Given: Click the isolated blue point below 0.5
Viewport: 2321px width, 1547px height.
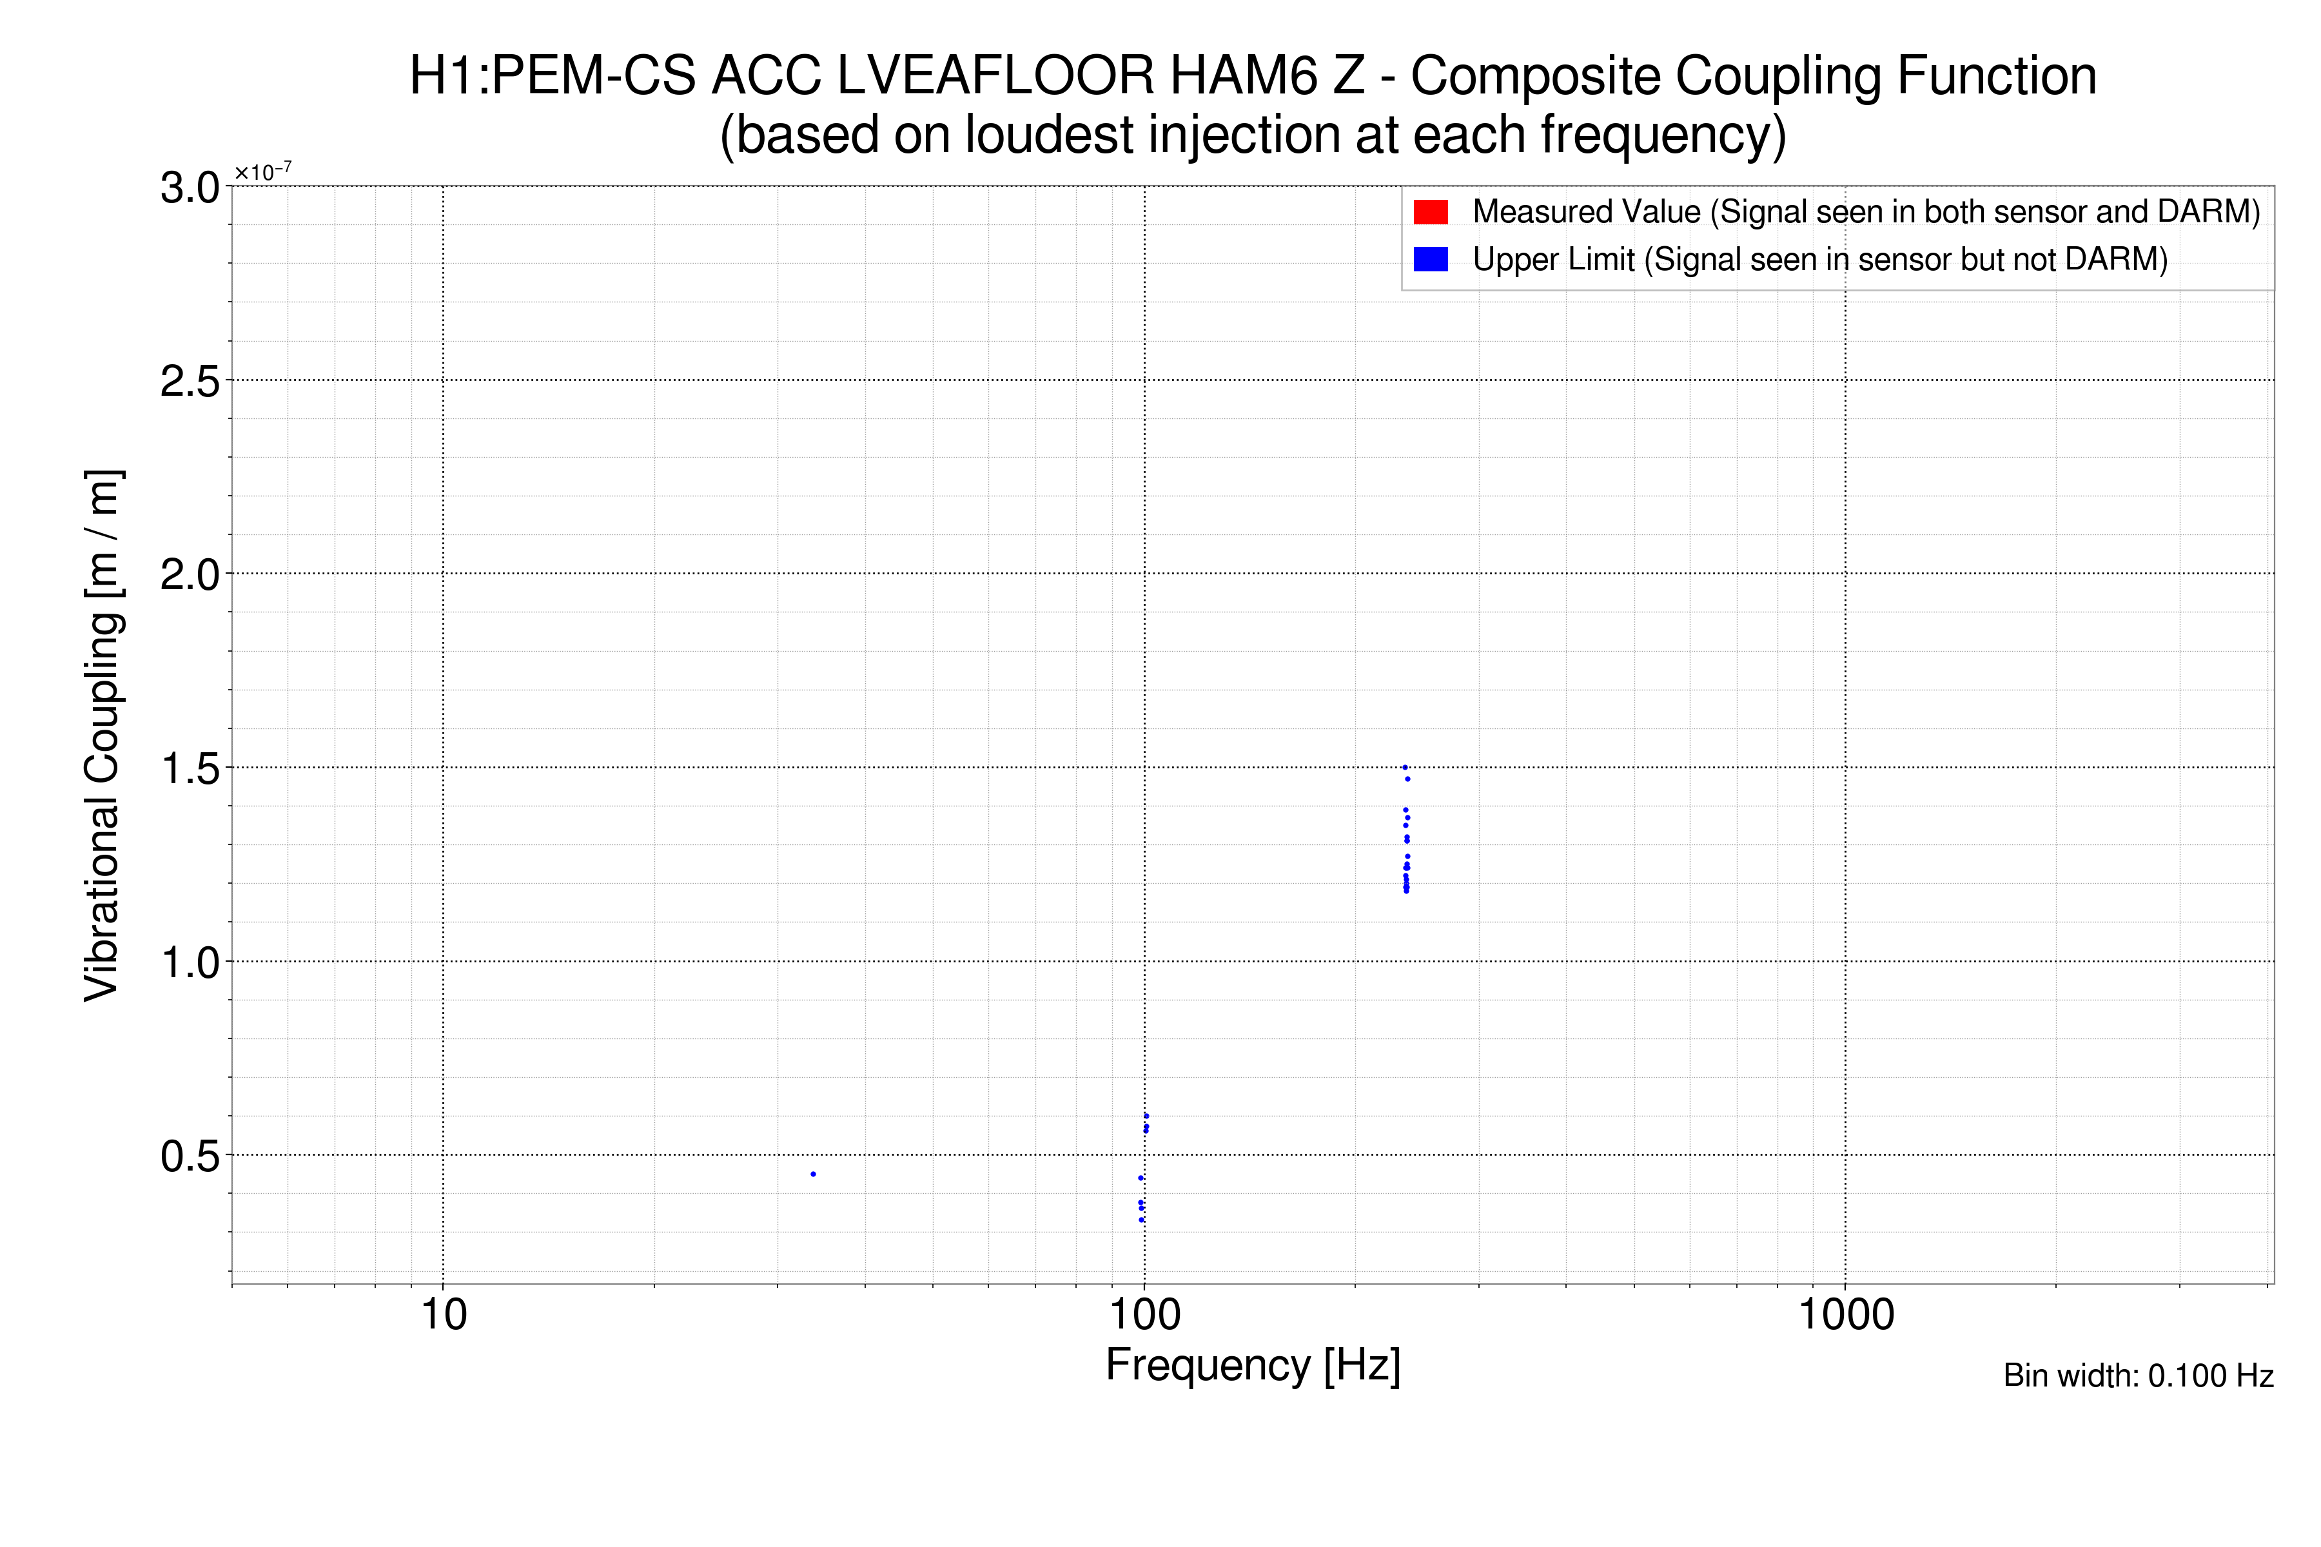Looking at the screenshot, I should point(812,1174).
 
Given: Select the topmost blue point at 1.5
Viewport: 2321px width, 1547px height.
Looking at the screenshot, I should point(1404,768).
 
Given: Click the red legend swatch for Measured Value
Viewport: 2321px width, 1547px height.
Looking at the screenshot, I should point(1430,212).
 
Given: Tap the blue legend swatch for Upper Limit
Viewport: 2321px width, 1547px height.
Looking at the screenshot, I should point(1430,260).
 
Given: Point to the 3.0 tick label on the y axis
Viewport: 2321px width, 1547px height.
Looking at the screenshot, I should point(190,188).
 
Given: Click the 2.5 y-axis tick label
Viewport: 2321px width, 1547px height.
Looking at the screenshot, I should point(190,382).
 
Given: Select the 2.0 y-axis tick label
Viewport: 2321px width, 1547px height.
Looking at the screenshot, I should point(190,575).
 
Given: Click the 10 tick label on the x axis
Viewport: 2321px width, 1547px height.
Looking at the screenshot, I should point(443,1315).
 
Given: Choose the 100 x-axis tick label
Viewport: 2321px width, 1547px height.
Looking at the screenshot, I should point(1145,1315).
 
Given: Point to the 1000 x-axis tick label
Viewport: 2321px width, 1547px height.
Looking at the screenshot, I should point(1845,1315).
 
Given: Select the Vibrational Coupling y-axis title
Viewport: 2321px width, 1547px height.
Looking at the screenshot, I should point(102,735).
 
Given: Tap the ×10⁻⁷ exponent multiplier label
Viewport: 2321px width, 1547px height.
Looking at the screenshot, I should point(262,173).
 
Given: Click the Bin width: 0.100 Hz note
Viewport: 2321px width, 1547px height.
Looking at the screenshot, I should point(2137,1376).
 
